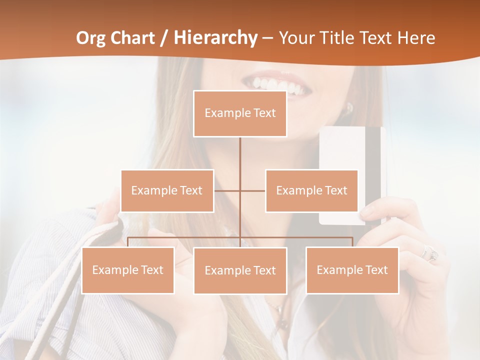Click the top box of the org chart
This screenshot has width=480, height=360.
click(x=240, y=113)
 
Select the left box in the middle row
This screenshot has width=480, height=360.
click(x=167, y=190)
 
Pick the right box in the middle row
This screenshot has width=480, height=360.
click(x=311, y=190)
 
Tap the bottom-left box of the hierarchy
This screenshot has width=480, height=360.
click(x=128, y=270)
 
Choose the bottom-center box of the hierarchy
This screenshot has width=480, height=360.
click(x=240, y=270)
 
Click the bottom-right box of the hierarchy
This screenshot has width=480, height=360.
click(x=352, y=270)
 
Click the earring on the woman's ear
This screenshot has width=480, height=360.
click(x=349, y=107)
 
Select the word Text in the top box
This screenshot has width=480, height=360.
click(x=264, y=113)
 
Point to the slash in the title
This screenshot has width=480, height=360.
click(x=163, y=38)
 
